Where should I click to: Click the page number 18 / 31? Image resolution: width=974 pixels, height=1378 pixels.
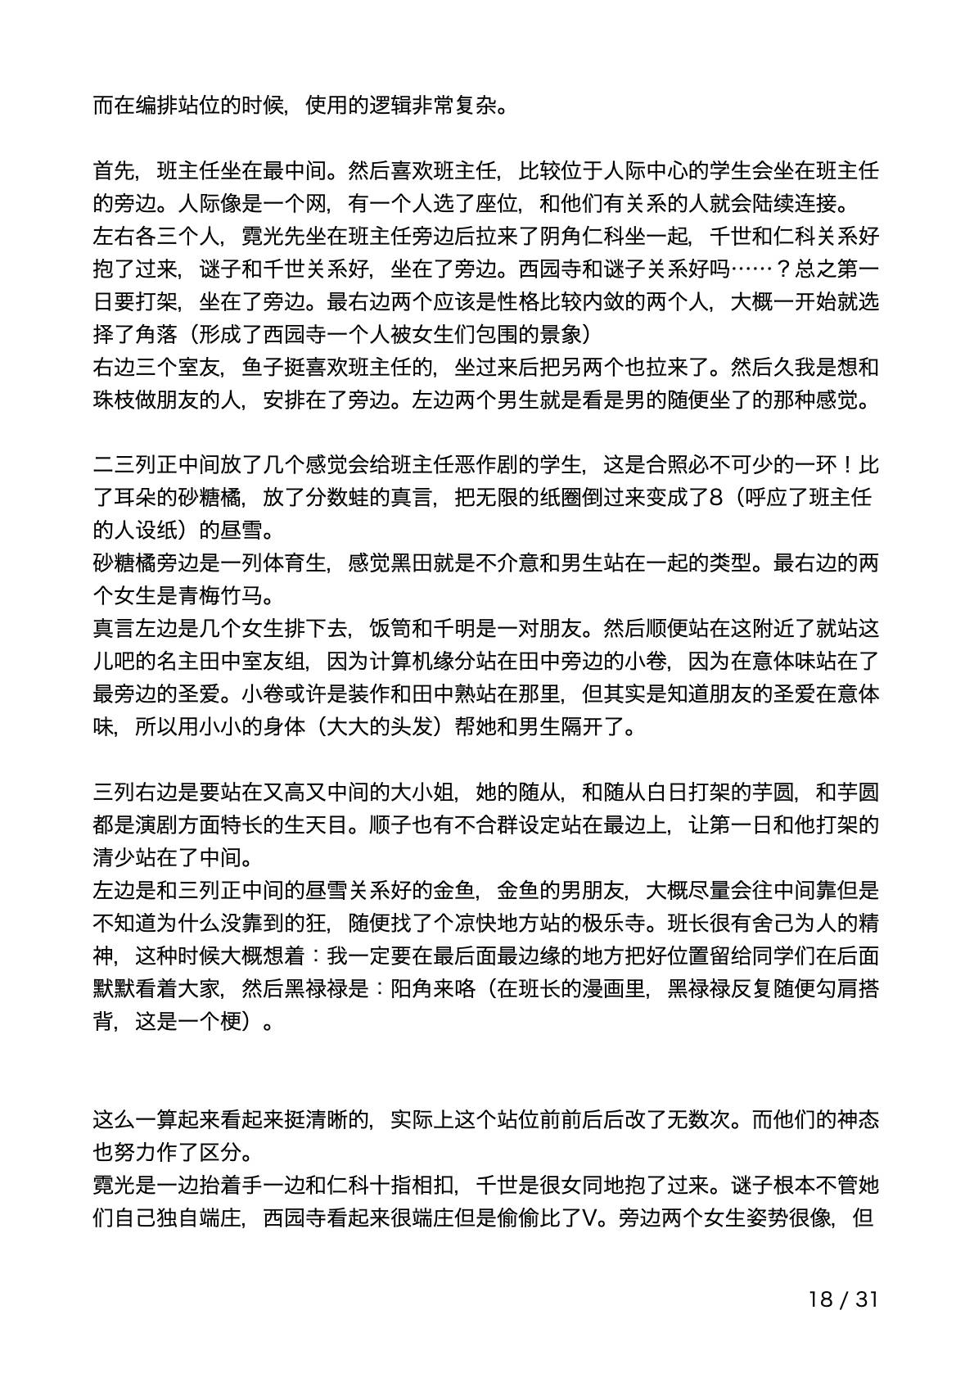click(843, 1299)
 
